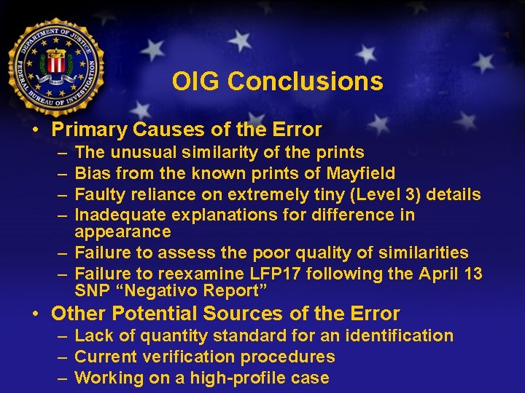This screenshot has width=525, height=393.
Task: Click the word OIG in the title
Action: tap(196, 82)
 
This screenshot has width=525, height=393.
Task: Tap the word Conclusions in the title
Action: tap(305, 82)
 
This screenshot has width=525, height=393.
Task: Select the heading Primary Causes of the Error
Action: tap(187, 130)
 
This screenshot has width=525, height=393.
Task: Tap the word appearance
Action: tap(122, 231)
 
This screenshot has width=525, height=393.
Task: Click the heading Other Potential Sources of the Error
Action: tap(225, 314)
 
